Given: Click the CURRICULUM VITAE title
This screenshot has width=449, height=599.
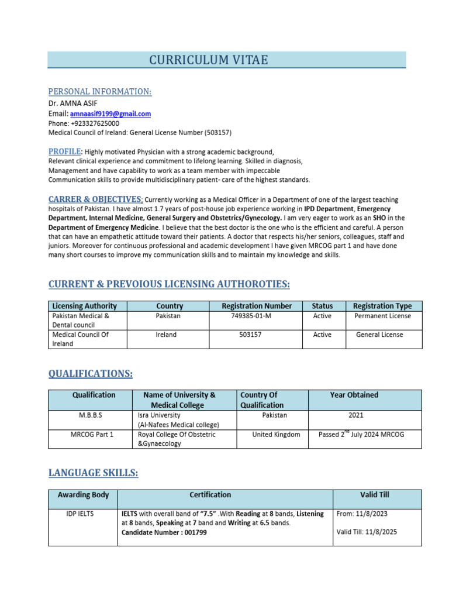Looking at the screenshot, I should (209, 60).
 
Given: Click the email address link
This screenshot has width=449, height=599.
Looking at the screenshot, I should (110, 114).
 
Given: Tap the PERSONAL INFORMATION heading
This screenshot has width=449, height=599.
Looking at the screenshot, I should (99, 92).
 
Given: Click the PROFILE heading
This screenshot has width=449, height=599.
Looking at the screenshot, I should (64, 152).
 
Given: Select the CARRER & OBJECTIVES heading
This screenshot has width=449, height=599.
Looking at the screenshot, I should (95, 199).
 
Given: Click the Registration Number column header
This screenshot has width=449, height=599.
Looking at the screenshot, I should (257, 306).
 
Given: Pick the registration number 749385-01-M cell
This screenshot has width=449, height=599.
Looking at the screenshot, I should (251, 316).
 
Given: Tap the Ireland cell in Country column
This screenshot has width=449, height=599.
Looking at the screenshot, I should (166, 335).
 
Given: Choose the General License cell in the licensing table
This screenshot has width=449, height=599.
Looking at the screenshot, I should (379, 335).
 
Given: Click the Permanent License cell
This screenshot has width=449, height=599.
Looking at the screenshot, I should (382, 316).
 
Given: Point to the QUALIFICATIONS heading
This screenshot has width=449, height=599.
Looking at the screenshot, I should (90, 373).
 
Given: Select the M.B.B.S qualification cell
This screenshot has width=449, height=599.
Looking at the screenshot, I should (91, 415).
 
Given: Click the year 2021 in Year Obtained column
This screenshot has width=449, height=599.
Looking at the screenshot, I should (355, 415).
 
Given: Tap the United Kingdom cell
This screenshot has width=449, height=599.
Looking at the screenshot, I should (276, 435).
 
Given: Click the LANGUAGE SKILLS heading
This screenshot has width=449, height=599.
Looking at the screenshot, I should (93, 473).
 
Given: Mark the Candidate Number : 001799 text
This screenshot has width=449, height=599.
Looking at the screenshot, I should (164, 532).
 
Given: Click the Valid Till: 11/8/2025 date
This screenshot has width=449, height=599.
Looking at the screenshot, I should (369, 532).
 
